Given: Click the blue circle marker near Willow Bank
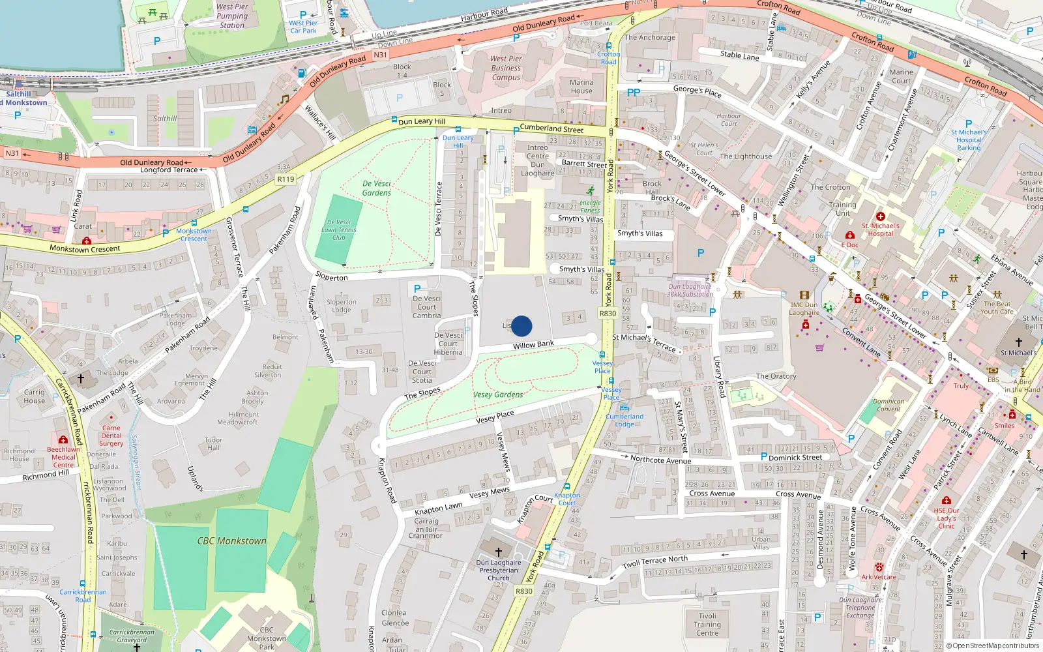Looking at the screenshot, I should pos(521,326).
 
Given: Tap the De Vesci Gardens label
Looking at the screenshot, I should pos(377,188).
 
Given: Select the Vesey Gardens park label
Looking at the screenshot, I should pos(498,394).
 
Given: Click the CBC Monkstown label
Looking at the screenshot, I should pos(232,541).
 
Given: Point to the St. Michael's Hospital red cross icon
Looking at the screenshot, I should pos(880,216).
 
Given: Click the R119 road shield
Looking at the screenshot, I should pos(286,179).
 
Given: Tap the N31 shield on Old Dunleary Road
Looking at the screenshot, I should pos(380,55).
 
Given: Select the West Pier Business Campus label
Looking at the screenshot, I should pos(506,68).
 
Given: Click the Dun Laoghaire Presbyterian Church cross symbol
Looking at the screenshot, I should pos(499,552).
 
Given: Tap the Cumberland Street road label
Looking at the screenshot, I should pos(551,128).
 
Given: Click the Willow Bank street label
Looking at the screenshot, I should pos(533,345).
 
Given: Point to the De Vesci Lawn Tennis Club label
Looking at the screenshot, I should pos(339,230).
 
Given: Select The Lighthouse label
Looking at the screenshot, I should pos(746,156).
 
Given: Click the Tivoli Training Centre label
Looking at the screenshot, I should pos(707,624).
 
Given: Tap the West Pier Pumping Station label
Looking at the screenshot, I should pos(232,16).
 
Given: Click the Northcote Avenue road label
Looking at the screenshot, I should pos(660,460).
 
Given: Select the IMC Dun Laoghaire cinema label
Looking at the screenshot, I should pos(804,308).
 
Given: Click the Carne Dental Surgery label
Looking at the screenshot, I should pos(111,436).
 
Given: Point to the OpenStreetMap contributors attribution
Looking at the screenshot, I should pos(992,645).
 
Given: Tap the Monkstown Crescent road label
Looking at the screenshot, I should pos(85,249).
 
